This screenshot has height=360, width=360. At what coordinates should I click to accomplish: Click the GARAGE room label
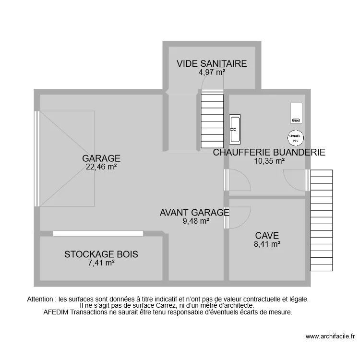click(x=101, y=158)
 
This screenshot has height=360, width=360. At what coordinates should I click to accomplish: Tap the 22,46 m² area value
click(x=101, y=167)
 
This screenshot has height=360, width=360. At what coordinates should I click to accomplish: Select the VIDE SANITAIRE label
click(x=212, y=63)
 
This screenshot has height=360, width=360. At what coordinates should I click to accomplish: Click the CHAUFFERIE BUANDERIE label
click(x=269, y=153)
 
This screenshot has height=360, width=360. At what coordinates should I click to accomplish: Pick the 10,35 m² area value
click(x=269, y=161)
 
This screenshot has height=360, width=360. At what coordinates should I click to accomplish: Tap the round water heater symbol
click(x=295, y=138)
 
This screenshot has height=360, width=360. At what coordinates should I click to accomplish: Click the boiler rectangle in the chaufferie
click(x=295, y=113)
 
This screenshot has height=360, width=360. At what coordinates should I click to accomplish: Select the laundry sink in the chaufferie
click(x=235, y=129)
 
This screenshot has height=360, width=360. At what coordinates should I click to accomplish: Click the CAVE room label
click(x=267, y=235)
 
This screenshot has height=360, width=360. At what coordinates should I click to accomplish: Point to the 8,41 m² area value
click(x=267, y=244)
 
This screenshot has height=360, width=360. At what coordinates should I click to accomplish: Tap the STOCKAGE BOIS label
click(x=101, y=254)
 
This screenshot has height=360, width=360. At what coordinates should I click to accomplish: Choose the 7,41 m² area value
click(x=101, y=263)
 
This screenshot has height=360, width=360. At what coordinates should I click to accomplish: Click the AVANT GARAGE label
click(x=194, y=213)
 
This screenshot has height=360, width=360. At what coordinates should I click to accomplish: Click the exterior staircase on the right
click(x=322, y=221)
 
